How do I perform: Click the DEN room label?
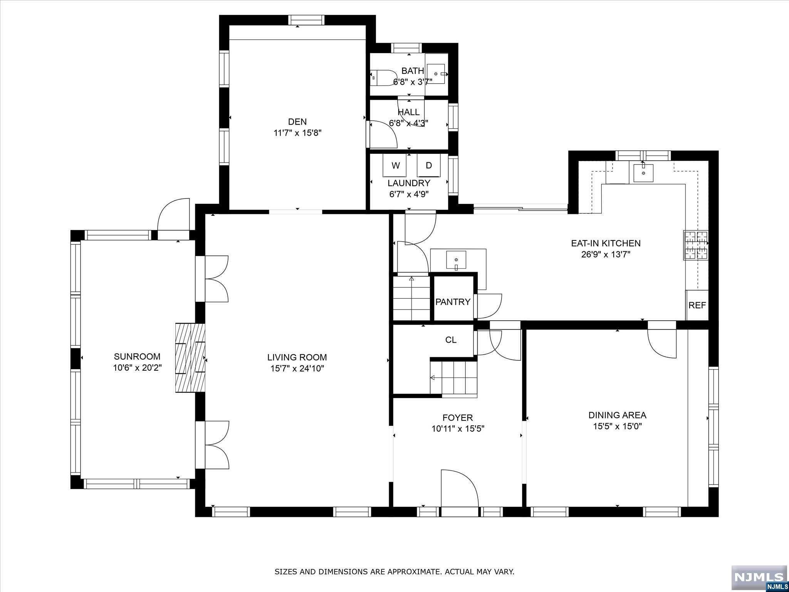(x=297, y=122)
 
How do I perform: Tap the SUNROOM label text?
(x=137, y=357)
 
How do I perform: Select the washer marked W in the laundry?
(x=395, y=165)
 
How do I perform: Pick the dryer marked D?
(x=428, y=165)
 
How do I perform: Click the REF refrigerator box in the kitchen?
(x=697, y=305)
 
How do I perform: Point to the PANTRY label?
(x=453, y=302)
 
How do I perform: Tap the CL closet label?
(x=451, y=340)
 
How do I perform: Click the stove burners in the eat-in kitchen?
(x=696, y=245)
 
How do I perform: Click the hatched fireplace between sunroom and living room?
(x=190, y=358)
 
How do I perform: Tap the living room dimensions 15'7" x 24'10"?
(x=297, y=368)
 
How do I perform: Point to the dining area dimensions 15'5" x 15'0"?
(x=617, y=426)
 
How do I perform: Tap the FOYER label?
(x=458, y=417)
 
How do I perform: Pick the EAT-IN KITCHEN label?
(x=606, y=243)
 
